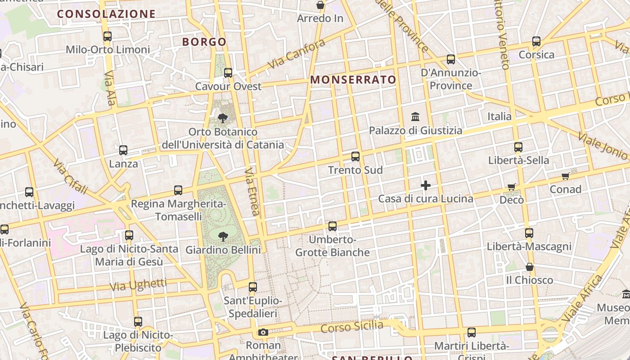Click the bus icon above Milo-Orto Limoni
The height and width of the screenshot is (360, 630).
tap(107, 36)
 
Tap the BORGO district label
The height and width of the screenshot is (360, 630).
tap(204, 42)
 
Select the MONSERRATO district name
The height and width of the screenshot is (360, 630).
tap(353, 80)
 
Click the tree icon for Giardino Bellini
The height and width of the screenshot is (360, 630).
tap(223, 236)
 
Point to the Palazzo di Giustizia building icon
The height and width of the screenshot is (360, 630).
tap(415, 117)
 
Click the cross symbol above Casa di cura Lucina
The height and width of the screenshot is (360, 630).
tap(425, 185)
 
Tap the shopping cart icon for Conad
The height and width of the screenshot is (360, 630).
tap(565, 176)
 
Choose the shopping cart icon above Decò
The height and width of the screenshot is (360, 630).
tap(511, 187)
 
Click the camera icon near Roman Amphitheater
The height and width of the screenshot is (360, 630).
tap(263, 333)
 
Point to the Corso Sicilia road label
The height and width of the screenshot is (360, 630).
tap(352, 327)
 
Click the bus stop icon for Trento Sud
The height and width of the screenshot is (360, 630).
tap(355, 157)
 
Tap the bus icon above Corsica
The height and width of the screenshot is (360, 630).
tap(536, 41)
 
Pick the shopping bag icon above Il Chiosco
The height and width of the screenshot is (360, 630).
tap(530, 267)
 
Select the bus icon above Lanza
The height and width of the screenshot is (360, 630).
tap(123, 150)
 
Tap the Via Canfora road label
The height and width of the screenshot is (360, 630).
tap(296, 54)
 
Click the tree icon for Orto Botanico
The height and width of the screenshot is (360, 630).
tap(222, 118)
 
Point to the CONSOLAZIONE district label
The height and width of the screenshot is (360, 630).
tap(106, 14)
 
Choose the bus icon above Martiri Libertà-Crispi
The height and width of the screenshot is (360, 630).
tap(471, 333)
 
